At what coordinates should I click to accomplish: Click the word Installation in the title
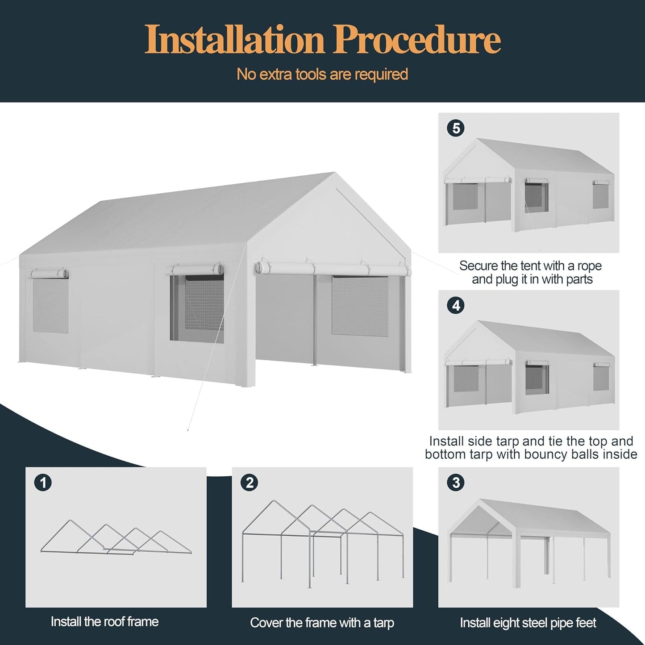234,40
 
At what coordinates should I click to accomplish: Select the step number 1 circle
43,483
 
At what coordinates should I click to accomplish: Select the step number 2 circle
250,483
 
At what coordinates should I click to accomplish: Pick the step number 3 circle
456,483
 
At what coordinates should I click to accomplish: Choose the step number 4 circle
456,306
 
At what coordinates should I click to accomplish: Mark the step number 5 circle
456,129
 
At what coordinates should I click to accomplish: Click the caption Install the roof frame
104,622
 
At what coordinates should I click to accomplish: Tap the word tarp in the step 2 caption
383,623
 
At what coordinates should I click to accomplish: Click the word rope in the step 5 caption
589,266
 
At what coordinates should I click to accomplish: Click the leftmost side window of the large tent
50,307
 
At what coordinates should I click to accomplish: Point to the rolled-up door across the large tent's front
333,269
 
